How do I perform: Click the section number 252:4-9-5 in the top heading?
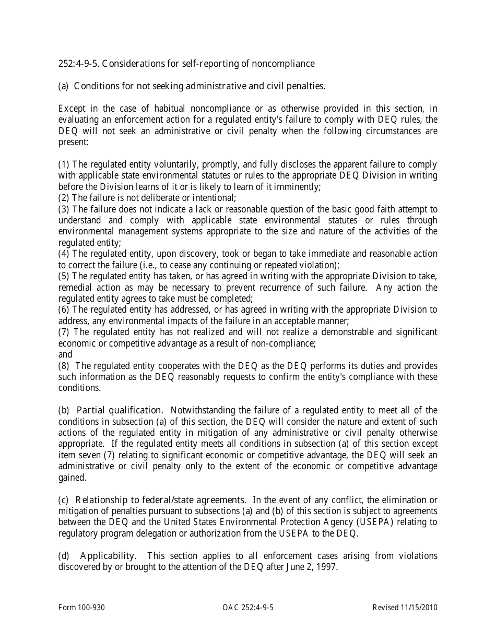click(x=78, y=64)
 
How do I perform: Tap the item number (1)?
click(x=64, y=164)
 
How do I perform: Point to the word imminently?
click(x=299, y=186)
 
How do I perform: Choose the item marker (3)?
click(x=64, y=209)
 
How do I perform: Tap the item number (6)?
click(x=64, y=310)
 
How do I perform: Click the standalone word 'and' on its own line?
click(x=65, y=354)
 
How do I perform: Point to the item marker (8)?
click(x=64, y=365)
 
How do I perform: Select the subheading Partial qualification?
click(x=120, y=410)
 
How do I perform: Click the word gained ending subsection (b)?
click(x=72, y=478)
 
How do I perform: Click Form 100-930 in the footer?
click(x=77, y=608)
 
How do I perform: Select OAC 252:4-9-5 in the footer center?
click(x=248, y=608)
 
